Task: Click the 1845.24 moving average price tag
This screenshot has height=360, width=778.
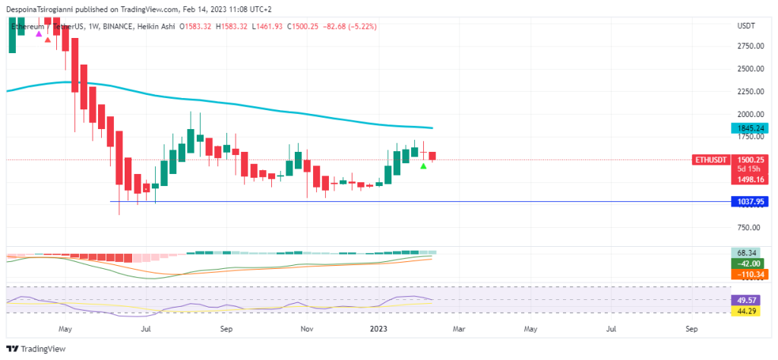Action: (x=748, y=129)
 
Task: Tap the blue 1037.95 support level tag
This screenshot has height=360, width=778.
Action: (x=748, y=202)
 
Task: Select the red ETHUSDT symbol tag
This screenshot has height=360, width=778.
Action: (x=713, y=159)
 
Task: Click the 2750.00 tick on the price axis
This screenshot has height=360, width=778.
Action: (x=749, y=46)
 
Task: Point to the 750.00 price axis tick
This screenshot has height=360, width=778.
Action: (x=749, y=228)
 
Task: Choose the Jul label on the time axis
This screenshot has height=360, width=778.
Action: (x=145, y=330)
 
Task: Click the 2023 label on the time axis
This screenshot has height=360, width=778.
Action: (x=378, y=330)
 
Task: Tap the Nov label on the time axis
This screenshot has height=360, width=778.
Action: (x=306, y=330)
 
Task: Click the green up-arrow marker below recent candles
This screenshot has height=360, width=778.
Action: (x=423, y=166)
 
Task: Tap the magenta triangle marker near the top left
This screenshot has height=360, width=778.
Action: (x=39, y=34)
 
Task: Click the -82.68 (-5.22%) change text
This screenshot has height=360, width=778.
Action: (x=349, y=27)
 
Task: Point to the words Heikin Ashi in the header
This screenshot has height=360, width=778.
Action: (x=156, y=27)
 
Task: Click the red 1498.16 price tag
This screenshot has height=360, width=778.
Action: (x=749, y=179)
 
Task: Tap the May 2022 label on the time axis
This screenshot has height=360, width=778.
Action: (x=65, y=330)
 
